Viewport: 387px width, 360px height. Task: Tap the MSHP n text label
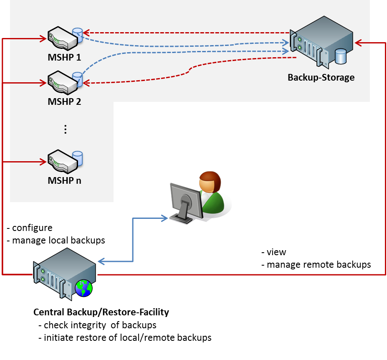64,180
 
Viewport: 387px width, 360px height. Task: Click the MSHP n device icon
62,161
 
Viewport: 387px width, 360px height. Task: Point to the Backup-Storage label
321,77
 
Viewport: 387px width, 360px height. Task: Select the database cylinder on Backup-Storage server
341,56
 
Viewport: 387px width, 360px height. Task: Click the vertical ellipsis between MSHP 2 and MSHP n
65,129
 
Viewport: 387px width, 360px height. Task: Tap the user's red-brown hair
209,178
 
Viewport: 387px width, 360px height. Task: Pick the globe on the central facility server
83,288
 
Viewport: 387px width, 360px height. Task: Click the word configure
32,228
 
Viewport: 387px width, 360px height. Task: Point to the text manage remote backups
319,264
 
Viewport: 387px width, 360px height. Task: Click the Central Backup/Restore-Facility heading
101,312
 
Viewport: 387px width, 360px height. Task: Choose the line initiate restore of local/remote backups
127,337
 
